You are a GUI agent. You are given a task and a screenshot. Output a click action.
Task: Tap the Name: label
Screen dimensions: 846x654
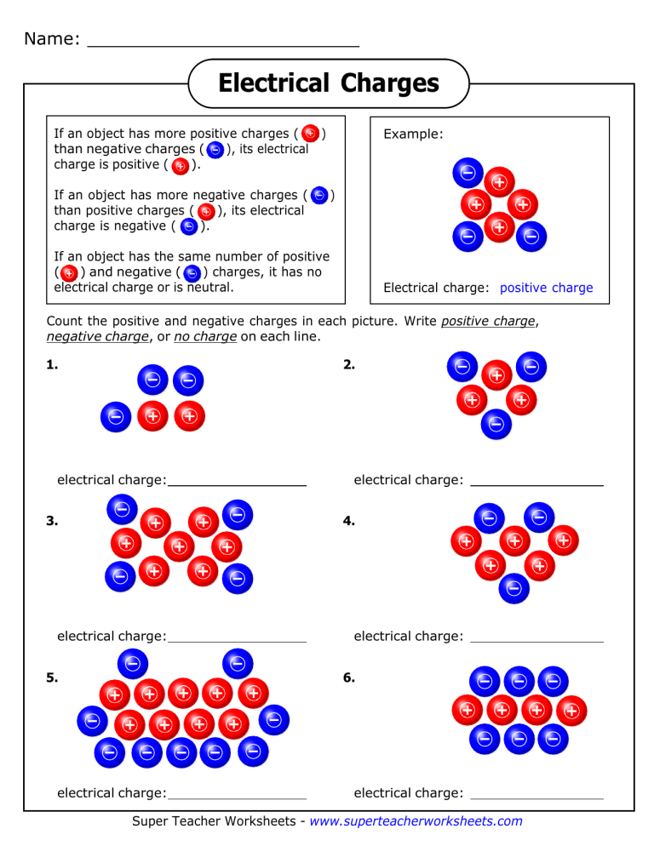(53, 39)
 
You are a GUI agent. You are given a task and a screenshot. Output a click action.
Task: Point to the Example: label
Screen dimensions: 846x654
(413, 134)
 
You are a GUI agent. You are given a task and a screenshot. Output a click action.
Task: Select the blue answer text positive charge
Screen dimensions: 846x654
(546, 288)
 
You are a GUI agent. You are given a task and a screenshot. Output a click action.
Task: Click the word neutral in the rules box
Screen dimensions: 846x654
(208, 288)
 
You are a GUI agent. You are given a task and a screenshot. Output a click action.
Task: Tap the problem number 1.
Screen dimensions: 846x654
(53, 365)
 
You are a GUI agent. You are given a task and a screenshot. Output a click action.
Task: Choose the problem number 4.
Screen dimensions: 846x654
(348, 522)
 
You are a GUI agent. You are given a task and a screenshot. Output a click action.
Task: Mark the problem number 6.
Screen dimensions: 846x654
(348, 678)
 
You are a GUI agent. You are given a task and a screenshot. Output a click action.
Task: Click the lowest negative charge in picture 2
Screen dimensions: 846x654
(496, 423)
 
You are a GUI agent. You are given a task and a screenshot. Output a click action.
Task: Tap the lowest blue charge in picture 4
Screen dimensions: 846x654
(513, 586)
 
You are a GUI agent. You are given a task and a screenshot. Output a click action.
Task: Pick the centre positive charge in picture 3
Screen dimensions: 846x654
(179, 546)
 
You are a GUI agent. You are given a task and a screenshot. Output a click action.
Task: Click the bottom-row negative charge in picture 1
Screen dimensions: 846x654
(116, 416)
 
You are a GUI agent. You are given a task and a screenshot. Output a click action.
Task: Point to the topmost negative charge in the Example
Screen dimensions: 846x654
(468, 174)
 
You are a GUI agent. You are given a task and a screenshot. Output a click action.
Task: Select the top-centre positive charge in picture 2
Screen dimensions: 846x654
(496, 374)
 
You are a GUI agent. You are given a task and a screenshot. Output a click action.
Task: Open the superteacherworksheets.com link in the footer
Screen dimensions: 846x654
(416, 821)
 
